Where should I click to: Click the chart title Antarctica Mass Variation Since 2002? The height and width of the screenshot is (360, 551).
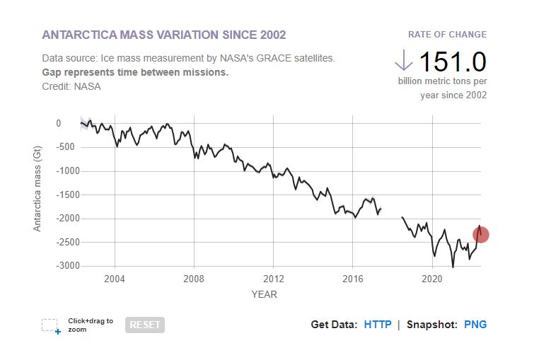pos(164,35)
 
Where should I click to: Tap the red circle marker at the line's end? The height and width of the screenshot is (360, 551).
pos(481,235)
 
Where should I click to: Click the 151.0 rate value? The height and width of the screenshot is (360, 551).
pos(453,62)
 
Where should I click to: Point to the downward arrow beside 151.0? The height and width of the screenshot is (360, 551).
pos(403,61)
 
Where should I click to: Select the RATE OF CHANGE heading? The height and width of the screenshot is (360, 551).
pos(447,35)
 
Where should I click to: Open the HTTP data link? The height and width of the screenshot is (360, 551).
pos(378,325)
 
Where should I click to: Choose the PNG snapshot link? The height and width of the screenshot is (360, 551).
pos(475,325)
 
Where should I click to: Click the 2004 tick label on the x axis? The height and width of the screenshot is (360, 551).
pos(115,279)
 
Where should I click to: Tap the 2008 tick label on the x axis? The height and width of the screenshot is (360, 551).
pos(194,279)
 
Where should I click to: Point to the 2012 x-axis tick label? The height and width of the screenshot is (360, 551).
pos(274,279)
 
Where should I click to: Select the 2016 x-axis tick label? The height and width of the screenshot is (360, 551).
pos(353,279)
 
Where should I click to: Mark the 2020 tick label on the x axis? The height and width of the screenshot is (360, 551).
pos(432,279)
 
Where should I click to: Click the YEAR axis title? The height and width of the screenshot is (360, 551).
pos(265,294)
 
